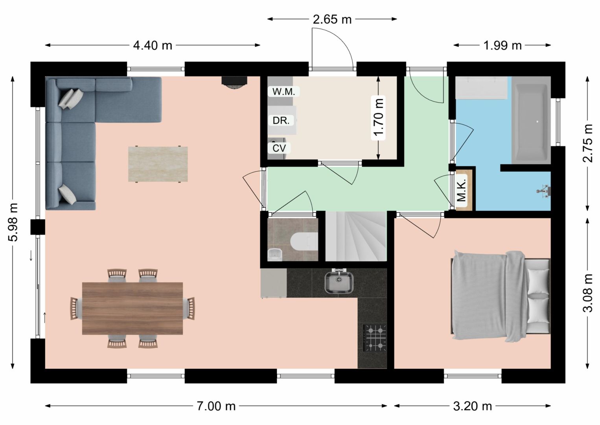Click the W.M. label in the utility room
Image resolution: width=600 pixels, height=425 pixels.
[283, 92]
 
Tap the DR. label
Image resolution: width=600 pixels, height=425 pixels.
[281, 121]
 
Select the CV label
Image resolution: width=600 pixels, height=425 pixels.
[279, 148]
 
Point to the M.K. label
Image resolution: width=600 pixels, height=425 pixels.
[462, 190]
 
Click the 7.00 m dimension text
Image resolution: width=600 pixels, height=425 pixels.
[216, 407]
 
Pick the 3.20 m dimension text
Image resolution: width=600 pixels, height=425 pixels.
[473, 407]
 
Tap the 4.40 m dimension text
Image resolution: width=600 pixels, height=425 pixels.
[153, 46]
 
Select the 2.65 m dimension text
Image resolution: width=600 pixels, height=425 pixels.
[332, 19]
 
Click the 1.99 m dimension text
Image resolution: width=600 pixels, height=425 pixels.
[502, 46]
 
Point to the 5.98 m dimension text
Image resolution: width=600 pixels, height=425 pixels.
[13, 222]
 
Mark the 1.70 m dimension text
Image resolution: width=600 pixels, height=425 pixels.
[378, 118]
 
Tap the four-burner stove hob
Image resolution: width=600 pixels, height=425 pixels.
[375, 338]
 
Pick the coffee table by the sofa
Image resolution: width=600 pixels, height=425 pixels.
[158, 164]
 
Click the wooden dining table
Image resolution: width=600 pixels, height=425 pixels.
[133, 309]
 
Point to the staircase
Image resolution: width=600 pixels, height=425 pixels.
[356, 236]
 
